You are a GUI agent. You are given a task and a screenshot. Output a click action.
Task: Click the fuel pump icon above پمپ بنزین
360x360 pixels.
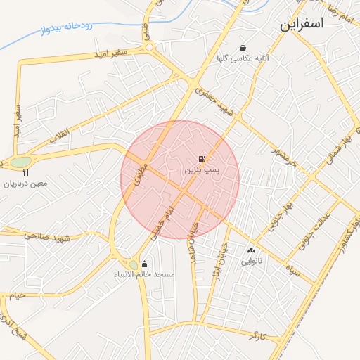(x=202, y=160)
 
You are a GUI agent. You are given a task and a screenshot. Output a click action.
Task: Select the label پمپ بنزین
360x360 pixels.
(x=202, y=171)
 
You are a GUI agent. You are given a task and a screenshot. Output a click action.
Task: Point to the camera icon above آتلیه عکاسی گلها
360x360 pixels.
(x=243, y=48)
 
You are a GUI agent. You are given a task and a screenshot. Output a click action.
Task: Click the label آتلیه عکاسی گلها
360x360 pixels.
(x=243, y=59)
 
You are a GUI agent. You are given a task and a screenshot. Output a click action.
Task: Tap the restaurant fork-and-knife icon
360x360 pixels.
(x=26, y=172)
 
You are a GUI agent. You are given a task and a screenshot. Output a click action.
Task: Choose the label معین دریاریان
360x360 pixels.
(x=26, y=184)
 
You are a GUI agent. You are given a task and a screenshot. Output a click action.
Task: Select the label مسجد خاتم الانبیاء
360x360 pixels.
(x=145, y=275)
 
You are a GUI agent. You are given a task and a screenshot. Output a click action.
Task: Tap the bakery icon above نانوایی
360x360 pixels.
(x=251, y=250)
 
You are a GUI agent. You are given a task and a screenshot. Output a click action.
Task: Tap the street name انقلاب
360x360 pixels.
(x=58, y=135)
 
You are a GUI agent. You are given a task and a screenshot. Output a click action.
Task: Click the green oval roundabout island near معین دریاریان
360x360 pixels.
(x=20, y=162)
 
